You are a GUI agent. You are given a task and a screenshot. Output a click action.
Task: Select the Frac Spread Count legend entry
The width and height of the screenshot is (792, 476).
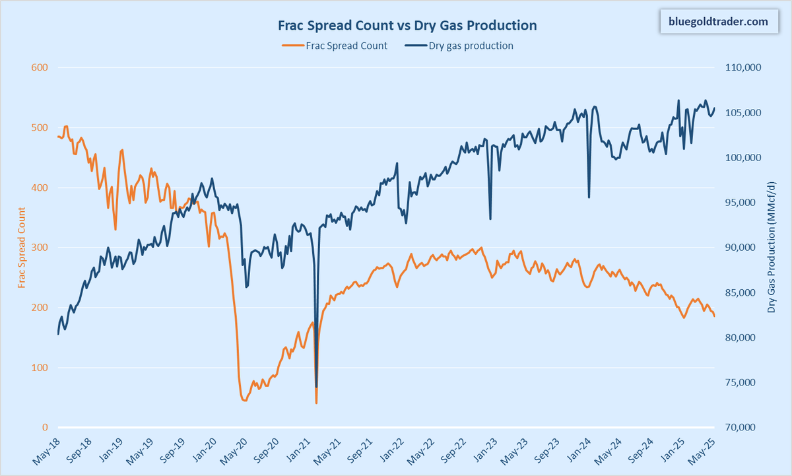tap(335, 46)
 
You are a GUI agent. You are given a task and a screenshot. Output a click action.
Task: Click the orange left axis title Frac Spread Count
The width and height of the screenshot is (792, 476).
tap(22, 248)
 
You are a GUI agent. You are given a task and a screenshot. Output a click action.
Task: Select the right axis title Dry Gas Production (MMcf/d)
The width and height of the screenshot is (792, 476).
tap(772, 248)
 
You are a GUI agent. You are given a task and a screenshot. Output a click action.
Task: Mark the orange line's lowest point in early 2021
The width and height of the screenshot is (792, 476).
tap(317, 403)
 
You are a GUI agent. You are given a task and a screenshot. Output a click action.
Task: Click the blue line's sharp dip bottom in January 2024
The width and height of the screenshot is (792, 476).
tap(589, 197)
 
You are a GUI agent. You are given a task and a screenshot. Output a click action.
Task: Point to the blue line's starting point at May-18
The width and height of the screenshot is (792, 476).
tap(58, 334)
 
